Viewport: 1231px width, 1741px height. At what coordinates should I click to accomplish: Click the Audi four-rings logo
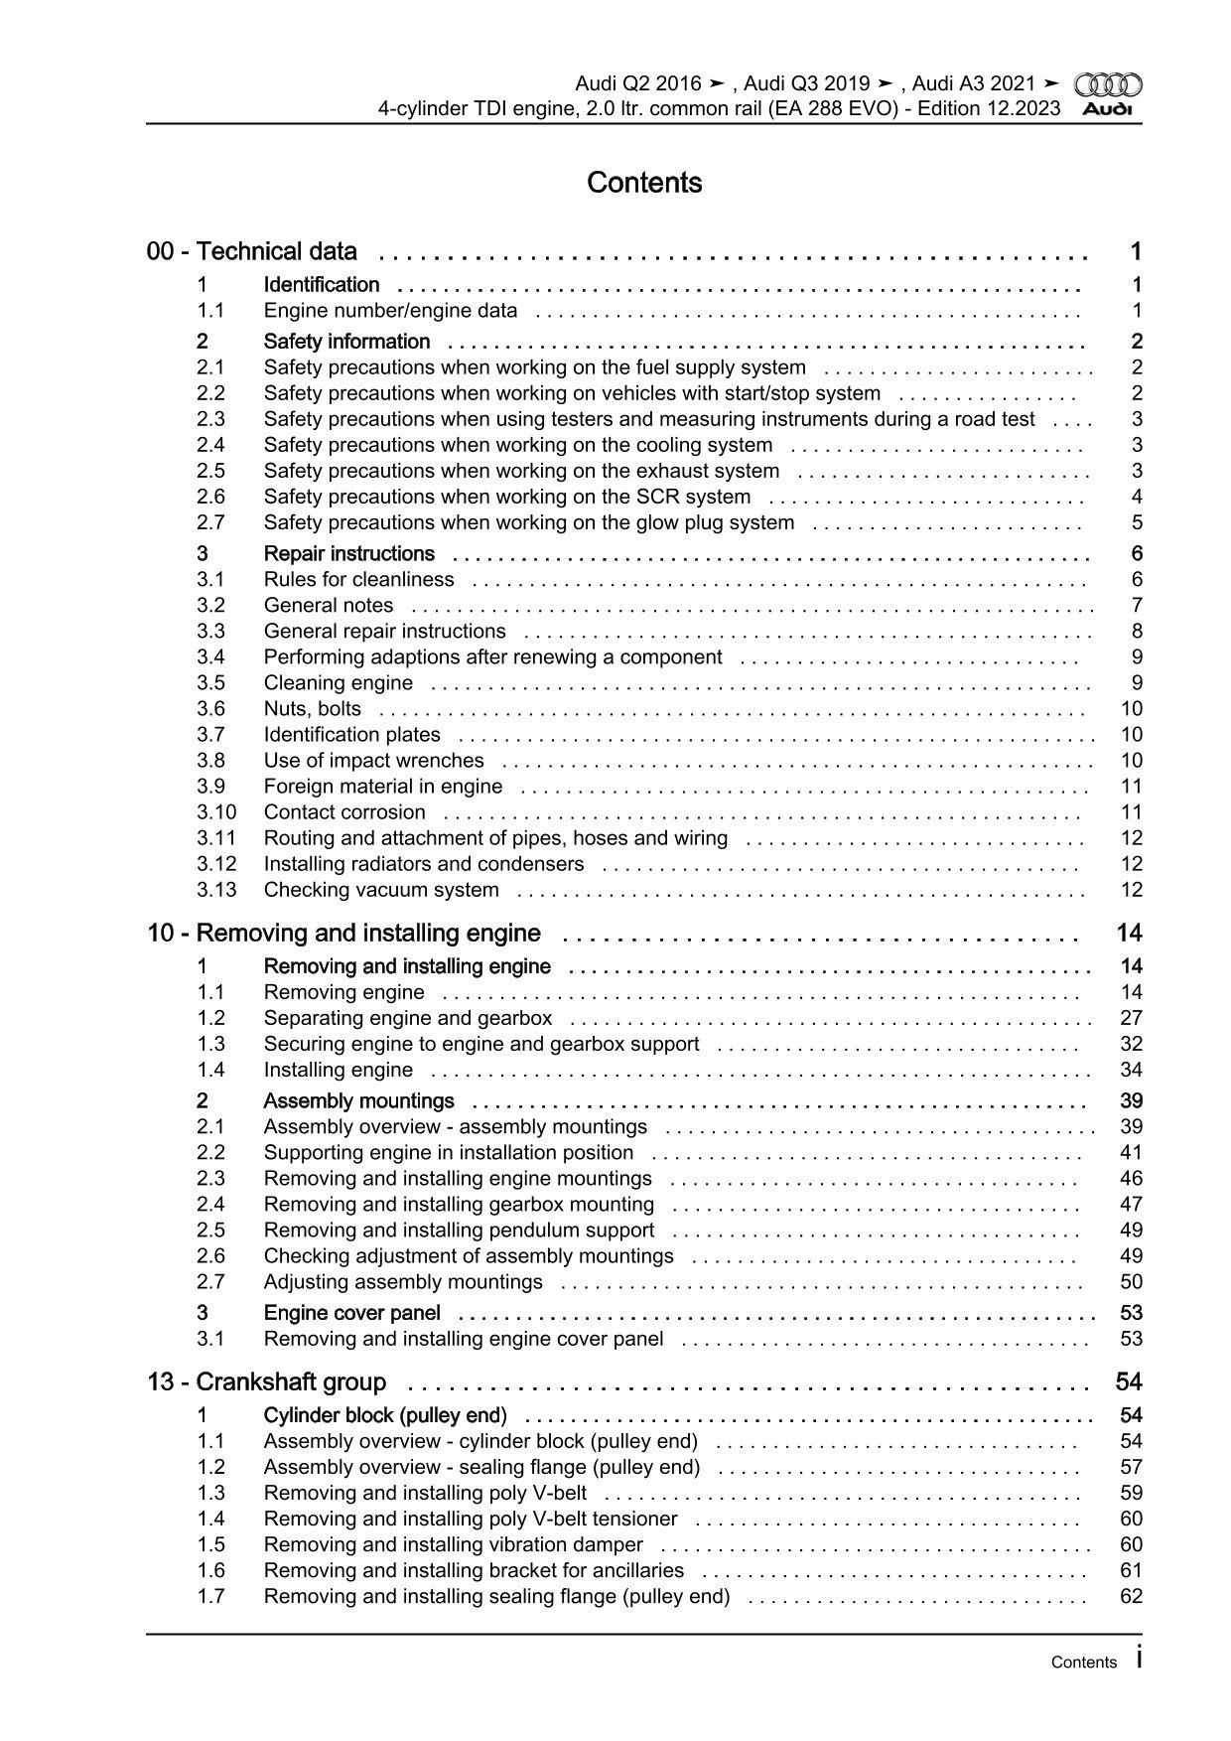tap(1108, 85)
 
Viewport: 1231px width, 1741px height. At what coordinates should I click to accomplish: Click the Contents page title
tap(644, 183)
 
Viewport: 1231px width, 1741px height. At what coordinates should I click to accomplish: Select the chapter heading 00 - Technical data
tap(252, 251)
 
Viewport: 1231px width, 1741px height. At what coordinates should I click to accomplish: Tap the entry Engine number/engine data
tap(390, 311)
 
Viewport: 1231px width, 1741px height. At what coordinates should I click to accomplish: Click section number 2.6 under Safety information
tap(210, 497)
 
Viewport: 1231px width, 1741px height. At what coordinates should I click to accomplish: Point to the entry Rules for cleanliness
tap(358, 580)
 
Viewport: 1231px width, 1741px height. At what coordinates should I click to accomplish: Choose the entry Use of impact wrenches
tap(373, 761)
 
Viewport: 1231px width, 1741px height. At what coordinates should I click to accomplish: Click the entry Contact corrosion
tap(344, 812)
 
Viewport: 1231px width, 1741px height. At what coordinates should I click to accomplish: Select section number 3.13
tap(216, 890)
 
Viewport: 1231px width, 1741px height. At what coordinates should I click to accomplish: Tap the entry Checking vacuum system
tap(381, 890)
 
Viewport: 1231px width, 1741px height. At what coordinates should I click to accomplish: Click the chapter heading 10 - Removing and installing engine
tap(343, 934)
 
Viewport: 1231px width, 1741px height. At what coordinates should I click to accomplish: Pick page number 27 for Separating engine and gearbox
tap(1131, 1018)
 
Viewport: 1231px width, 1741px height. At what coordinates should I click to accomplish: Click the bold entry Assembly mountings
tap(358, 1100)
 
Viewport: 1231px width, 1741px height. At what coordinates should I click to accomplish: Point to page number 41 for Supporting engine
tap(1131, 1153)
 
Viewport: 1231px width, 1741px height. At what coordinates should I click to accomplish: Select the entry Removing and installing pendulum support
tap(459, 1231)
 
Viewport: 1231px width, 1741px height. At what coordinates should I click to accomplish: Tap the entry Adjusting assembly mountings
tap(403, 1282)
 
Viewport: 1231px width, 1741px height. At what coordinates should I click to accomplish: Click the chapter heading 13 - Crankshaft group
tap(267, 1382)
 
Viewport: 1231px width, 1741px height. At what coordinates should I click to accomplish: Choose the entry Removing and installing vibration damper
tap(453, 1545)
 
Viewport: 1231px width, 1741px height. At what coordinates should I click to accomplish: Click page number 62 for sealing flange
tap(1131, 1597)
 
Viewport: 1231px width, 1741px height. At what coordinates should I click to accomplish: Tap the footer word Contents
tap(1083, 1663)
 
